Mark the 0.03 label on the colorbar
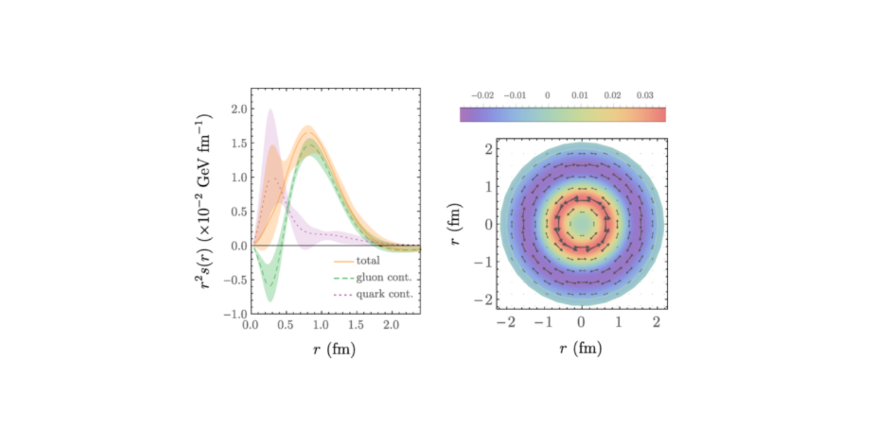pyautogui.click(x=644, y=95)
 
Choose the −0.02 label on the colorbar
pyautogui.click(x=483, y=95)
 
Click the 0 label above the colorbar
pyautogui.click(x=547, y=95)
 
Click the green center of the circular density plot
pyautogui.click(x=581, y=224)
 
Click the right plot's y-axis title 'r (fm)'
pyautogui.click(x=456, y=225)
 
